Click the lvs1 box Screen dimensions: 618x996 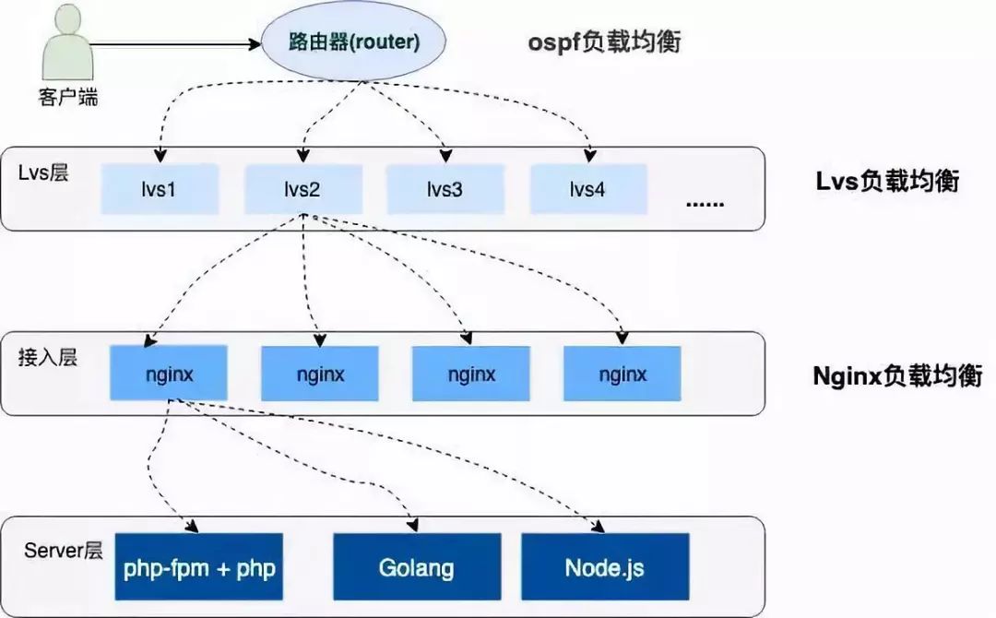160,189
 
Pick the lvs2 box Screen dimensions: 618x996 302,189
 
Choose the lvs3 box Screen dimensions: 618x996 445,189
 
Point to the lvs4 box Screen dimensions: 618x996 588,189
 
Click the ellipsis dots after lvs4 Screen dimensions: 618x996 705,202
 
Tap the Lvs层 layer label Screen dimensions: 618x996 43,172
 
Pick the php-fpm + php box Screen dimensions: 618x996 199,566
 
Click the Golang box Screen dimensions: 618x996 416,566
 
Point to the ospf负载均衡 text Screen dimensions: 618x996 605,42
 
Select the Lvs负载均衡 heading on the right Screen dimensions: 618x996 886,181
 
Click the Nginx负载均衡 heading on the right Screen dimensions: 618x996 896,376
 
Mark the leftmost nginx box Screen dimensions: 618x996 169,374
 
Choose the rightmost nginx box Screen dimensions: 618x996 622,374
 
